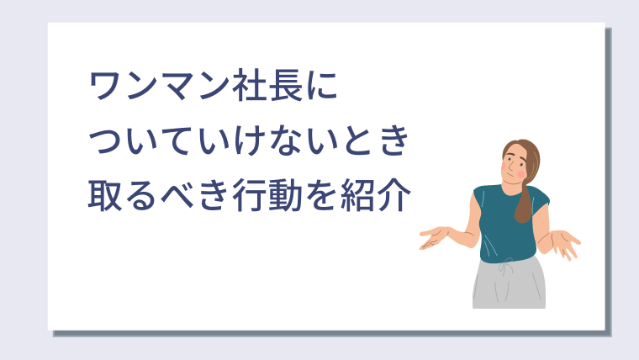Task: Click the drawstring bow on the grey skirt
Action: coord(506,266)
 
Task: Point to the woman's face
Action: coord(515,165)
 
